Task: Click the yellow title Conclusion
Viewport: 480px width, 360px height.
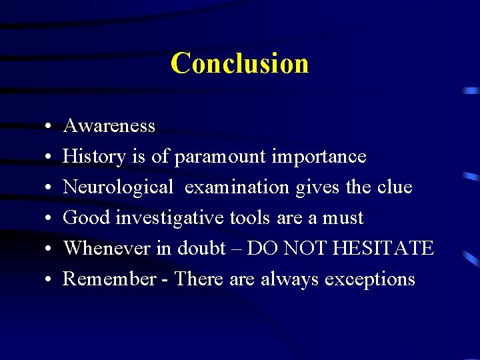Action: (239, 63)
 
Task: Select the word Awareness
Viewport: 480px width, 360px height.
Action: (109, 126)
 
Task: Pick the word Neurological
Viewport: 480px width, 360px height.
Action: (117, 188)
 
